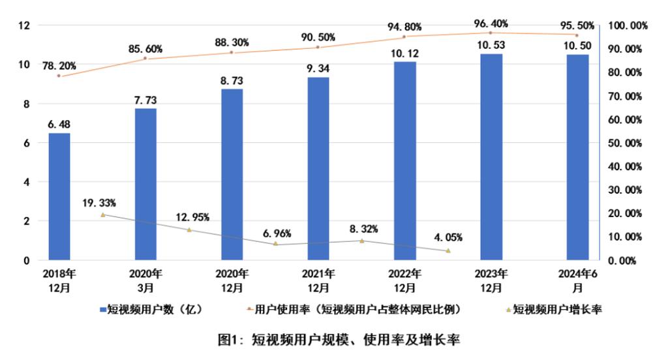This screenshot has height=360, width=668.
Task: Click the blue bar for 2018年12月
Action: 59,196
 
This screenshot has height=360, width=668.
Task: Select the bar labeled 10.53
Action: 491,157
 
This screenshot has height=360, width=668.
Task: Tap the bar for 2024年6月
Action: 577,157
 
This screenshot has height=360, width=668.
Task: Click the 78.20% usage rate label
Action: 60,65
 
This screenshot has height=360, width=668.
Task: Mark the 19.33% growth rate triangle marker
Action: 102,215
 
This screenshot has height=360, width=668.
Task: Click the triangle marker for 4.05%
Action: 448,250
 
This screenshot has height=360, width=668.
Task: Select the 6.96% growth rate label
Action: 276,233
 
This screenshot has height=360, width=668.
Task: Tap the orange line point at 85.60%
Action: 145,59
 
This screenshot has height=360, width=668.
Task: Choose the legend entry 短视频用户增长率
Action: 551,310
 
